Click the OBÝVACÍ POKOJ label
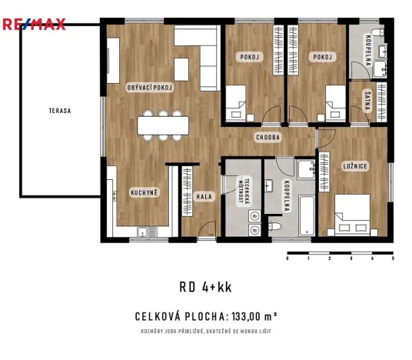click(x=150, y=88)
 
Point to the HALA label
click(x=204, y=196)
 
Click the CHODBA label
click(x=268, y=137)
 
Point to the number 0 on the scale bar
click(x=287, y=259)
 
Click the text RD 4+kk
click(x=205, y=288)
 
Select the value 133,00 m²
click(x=250, y=315)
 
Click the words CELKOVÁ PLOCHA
click(x=179, y=315)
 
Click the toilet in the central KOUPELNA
click(x=273, y=227)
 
